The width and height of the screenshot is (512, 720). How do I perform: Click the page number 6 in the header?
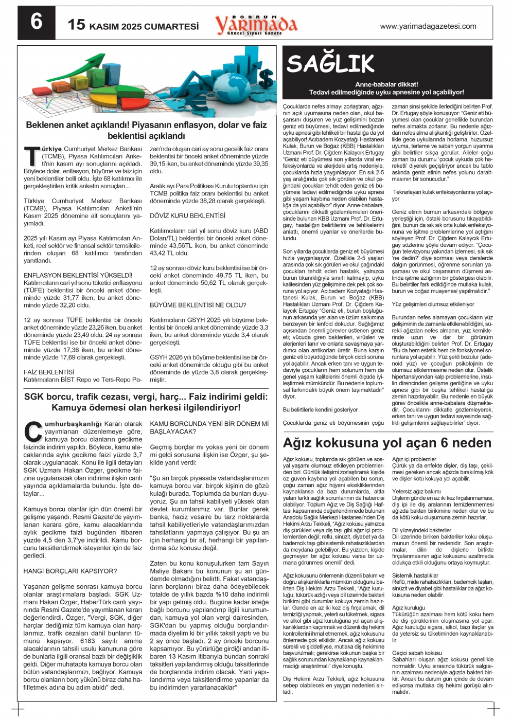click(36, 23)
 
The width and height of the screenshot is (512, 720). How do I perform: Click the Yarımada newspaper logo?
click(256, 24)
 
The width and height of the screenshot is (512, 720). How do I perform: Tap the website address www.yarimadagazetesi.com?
click(428, 26)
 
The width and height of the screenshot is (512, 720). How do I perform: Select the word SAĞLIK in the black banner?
click(330, 64)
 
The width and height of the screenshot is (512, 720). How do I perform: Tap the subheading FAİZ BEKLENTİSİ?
click(49, 372)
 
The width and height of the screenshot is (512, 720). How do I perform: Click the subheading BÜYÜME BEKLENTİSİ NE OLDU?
click(198, 305)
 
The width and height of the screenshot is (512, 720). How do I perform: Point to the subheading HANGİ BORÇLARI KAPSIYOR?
click(70, 571)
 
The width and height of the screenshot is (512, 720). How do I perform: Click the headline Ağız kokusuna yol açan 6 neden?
click(387, 443)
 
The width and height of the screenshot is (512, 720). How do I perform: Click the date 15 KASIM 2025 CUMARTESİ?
click(133, 25)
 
